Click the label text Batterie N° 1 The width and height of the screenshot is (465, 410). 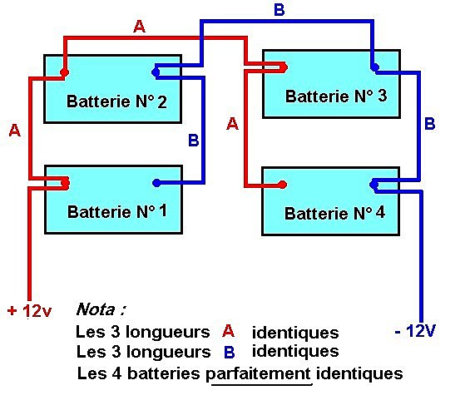coord(116,210)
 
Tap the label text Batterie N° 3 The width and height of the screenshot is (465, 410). coord(335,96)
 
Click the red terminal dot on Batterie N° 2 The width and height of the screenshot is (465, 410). coord(63,73)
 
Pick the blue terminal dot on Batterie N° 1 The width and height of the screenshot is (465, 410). coord(155,184)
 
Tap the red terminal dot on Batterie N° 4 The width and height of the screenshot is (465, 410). coord(283,185)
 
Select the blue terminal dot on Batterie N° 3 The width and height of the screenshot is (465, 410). coord(374,67)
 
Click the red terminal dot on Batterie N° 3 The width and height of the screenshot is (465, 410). coord(283,67)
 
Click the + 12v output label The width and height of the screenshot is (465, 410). coord(29,311)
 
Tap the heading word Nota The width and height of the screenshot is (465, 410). coord(101,310)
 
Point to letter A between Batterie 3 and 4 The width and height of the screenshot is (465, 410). coord(232,124)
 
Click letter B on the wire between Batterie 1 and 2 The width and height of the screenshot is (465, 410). coord(193,141)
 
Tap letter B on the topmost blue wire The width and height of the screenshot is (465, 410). coord(279,10)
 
